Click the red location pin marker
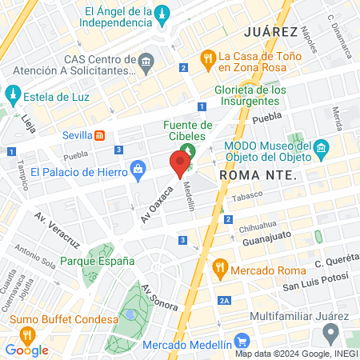[x=180, y=163]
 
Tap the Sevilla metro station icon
[x=100, y=134]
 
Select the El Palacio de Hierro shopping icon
[x=138, y=170]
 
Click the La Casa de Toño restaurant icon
[x=207, y=57]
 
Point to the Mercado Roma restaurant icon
[x=219, y=270]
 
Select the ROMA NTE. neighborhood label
[x=258, y=174]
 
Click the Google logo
[x=26, y=350]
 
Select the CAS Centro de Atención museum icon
[x=146, y=62]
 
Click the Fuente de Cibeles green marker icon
[x=189, y=150]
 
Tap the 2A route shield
[x=225, y=300]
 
